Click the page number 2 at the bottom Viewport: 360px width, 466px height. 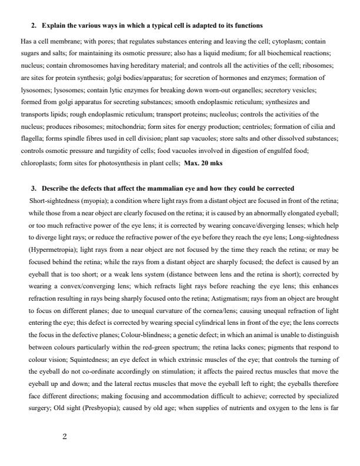pyautogui.click(x=65, y=437)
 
